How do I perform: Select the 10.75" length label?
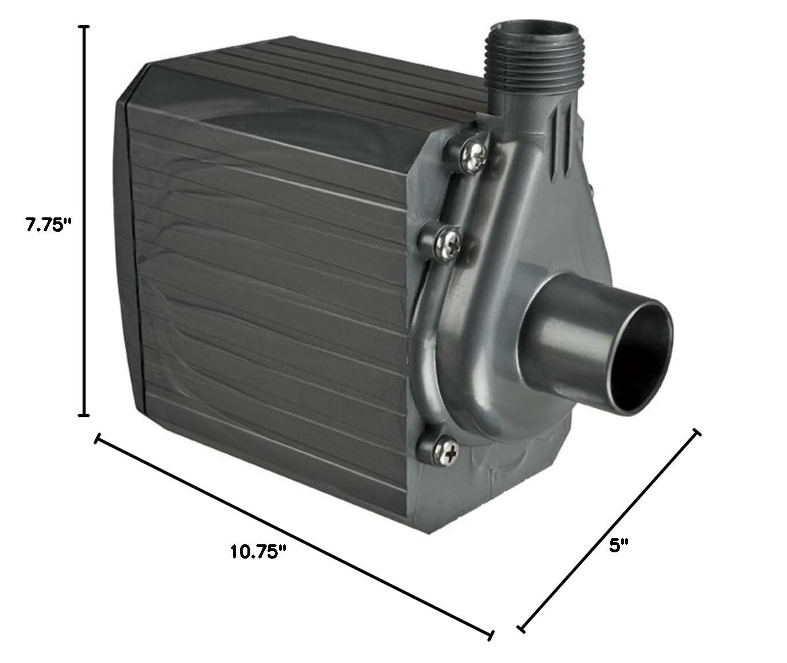point(258,552)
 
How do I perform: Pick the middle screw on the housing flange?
point(445,241)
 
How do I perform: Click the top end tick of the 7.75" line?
point(85,27)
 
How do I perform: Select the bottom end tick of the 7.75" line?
point(85,415)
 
